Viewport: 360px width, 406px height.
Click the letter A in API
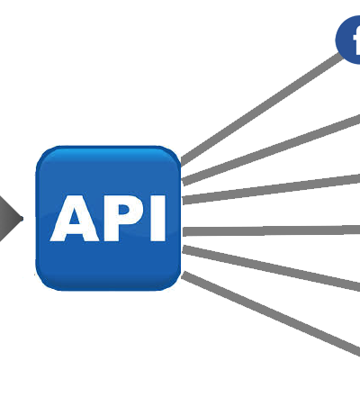75,218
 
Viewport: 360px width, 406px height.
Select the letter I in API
158,218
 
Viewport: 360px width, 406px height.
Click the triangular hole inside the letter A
75,217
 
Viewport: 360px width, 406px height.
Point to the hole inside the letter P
125,212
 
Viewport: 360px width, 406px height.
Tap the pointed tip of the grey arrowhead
22,219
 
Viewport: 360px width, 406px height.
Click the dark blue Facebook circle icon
348,40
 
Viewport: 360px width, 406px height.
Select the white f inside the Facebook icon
356,41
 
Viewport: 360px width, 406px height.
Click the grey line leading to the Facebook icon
261,109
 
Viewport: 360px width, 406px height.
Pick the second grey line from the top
272,149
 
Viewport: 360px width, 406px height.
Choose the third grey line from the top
272,189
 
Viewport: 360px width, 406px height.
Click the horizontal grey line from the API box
272,231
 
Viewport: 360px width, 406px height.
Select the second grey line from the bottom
272,268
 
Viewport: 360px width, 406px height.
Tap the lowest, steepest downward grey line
271,313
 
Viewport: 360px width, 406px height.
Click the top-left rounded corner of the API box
43,154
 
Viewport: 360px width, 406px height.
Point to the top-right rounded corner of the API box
173,154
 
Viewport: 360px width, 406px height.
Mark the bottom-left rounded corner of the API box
43,284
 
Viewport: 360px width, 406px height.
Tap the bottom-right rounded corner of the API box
173,284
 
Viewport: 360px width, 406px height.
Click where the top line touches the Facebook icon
342,55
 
